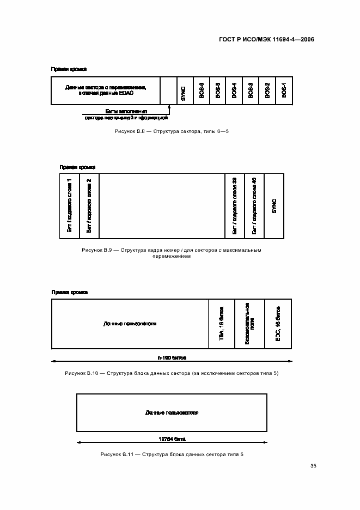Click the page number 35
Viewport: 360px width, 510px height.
313,466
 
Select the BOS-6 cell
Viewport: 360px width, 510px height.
201,90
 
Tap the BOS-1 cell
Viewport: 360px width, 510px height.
284,90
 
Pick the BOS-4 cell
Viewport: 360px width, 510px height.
234,90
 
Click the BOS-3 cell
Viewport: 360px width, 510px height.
251,90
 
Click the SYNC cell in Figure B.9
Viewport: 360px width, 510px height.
274,205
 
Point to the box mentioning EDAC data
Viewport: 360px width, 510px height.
105,90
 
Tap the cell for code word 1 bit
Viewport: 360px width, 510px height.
69,205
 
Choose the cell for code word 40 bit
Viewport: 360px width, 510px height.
254,205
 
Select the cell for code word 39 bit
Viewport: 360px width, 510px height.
234,205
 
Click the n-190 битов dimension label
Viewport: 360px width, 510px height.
172,359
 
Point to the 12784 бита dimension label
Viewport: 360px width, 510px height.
172,439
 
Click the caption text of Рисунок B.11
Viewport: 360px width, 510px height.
172,454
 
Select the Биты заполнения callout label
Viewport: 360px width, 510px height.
126,111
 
